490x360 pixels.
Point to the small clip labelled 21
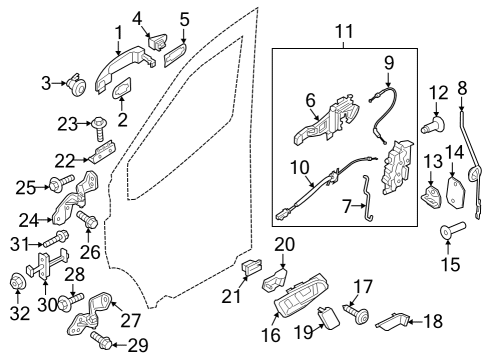point(252,267)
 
